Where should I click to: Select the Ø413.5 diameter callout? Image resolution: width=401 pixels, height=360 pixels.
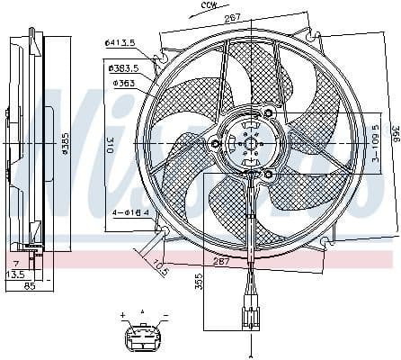[x=119, y=43]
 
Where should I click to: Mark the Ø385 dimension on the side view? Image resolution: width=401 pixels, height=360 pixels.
[x=65, y=143]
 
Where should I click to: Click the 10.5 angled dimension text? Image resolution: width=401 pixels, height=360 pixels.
[x=160, y=267]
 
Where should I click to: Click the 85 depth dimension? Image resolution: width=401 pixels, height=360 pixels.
[x=30, y=287]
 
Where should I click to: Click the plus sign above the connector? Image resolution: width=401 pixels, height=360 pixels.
[x=121, y=316]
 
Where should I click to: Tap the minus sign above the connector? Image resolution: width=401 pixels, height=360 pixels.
[x=165, y=316]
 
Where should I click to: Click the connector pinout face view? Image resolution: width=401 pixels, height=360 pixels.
[x=143, y=337]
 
